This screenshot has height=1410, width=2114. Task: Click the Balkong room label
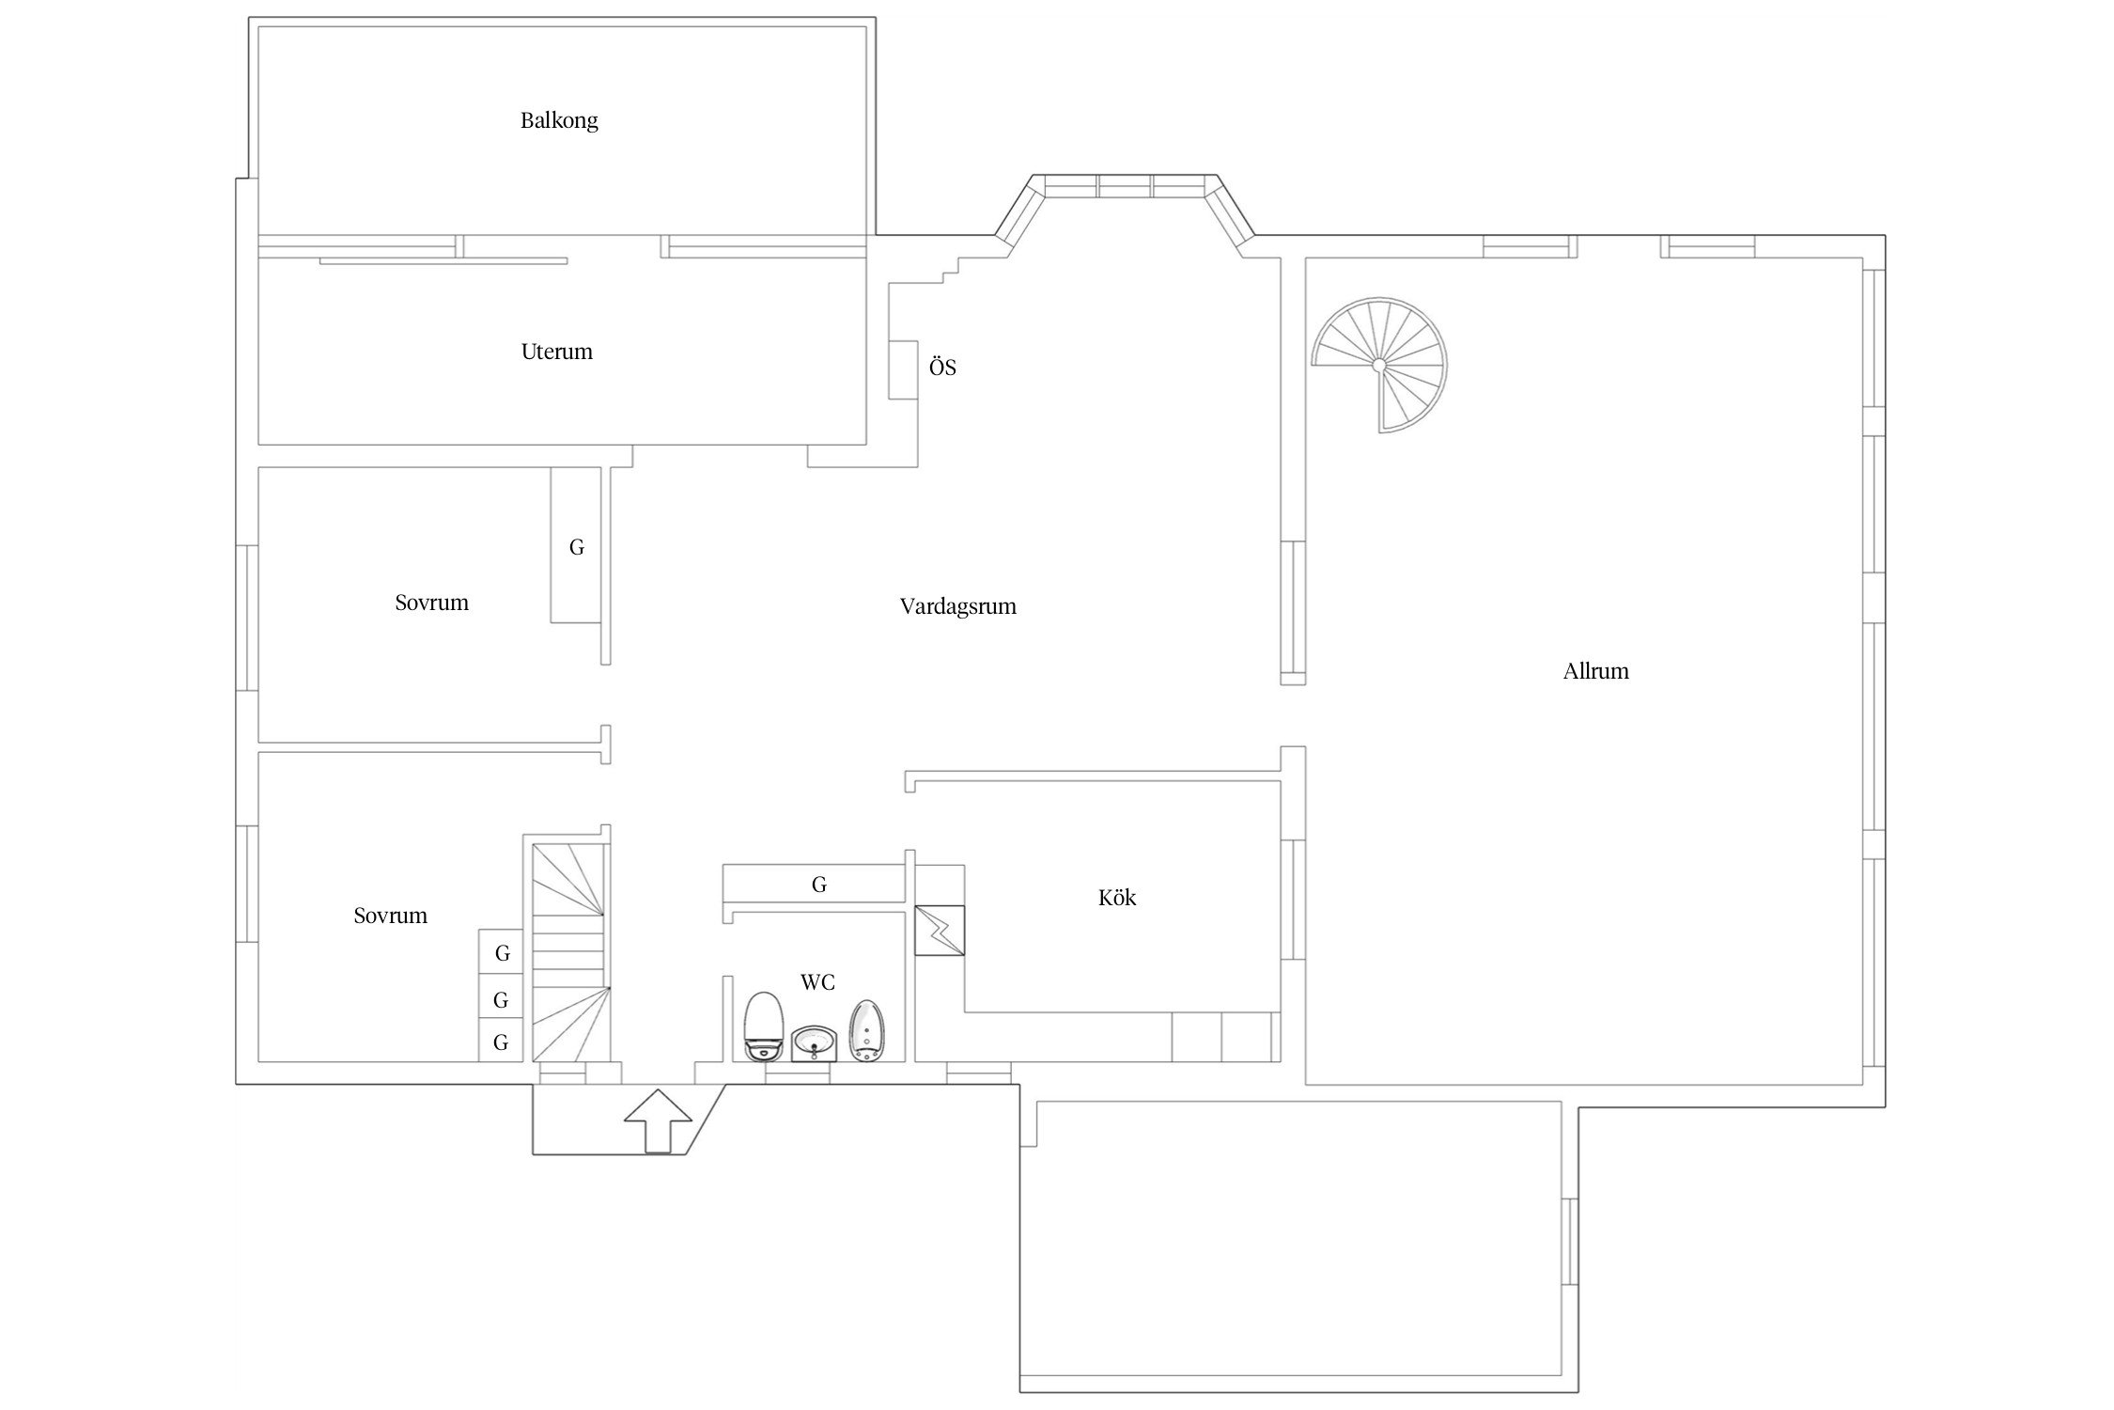point(559,120)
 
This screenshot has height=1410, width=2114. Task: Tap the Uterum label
point(557,352)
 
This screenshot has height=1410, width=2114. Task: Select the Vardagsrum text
point(958,607)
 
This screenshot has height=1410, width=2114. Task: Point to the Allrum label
point(1596,671)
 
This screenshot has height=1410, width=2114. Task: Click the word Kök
point(1117,898)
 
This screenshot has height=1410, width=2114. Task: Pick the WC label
point(817,982)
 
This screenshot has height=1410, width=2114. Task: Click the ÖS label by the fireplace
point(942,367)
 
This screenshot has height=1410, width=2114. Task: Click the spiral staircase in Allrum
point(1379,365)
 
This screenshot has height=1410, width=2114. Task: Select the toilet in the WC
point(764,1026)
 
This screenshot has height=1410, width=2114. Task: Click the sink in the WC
point(814,1043)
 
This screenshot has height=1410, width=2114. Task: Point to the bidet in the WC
point(865,1032)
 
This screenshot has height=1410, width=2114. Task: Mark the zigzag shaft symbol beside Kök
point(940,931)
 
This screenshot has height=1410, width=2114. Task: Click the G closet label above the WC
point(819,885)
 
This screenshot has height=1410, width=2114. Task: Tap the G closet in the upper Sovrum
point(577,547)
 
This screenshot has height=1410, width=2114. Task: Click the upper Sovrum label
point(432,603)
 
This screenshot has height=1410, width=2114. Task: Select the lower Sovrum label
point(391,916)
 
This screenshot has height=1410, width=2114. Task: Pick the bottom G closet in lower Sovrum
point(501,1042)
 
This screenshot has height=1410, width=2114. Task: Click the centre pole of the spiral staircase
point(1378,365)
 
